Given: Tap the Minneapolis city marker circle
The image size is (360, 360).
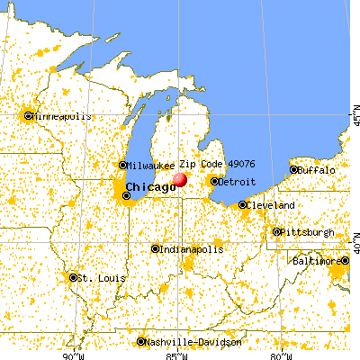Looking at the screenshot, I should pos(28,115).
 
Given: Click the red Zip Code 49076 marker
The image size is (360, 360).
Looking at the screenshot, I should pos(179,179).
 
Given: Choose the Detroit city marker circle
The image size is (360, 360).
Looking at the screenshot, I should pos(214,181).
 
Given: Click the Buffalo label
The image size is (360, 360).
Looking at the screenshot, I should pos(316,169).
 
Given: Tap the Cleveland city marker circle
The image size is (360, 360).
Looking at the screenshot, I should pos(243,205).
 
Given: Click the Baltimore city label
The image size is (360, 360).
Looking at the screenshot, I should pos(319,261).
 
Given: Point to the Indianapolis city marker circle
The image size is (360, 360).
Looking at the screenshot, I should pos(155,248).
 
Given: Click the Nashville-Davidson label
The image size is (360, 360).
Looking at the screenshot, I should pos(194,342).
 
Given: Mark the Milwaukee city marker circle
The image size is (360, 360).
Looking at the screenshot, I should pos(123,166).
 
